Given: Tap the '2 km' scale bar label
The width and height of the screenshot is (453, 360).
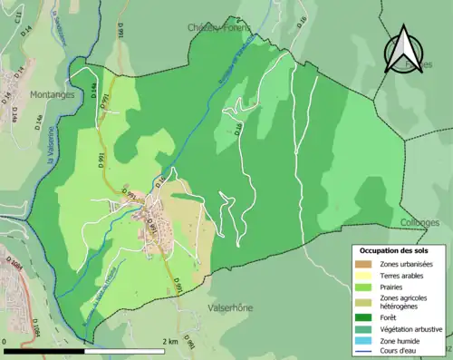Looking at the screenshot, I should [x=169, y=342].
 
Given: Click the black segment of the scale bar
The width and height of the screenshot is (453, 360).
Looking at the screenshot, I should [x=46, y=350].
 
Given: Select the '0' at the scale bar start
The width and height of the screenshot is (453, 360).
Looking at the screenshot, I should [x=6, y=342].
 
